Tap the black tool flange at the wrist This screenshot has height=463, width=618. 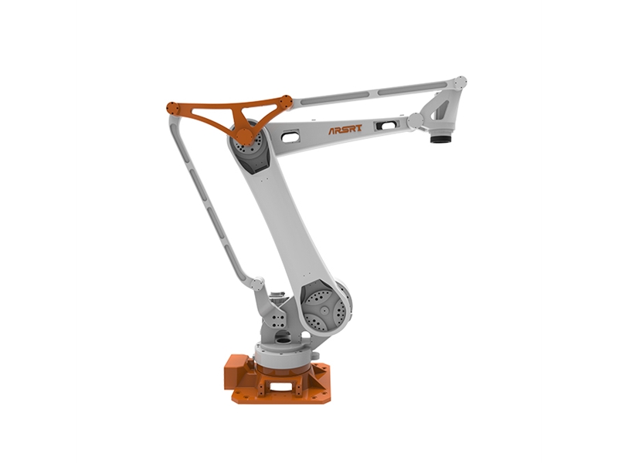[440, 139]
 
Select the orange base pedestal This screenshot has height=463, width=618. [278, 379]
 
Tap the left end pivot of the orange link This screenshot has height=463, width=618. [172, 108]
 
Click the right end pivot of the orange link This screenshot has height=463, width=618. [284, 103]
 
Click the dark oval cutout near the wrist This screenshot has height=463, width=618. [387, 126]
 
